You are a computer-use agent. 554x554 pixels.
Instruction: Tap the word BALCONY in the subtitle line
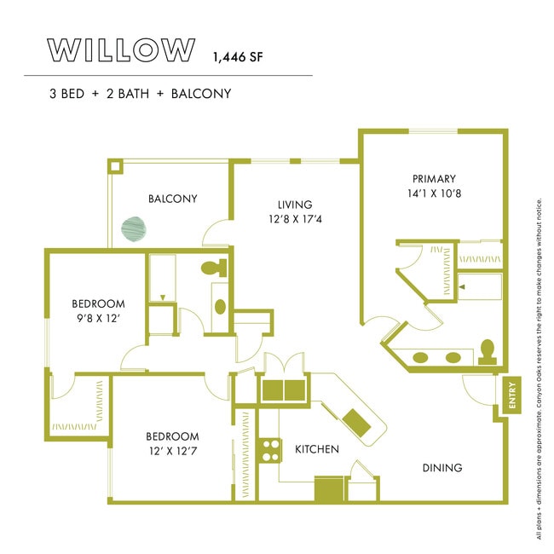[201, 94]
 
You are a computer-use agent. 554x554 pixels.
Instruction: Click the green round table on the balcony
[135, 228]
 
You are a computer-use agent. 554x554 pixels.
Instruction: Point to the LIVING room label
[295, 205]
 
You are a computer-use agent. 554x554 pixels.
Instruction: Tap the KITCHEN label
[317, 449]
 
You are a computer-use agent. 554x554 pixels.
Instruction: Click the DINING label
[441, 468]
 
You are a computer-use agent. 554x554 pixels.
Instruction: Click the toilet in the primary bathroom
[487, 351]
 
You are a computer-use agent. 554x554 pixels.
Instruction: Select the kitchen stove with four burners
[271, 449]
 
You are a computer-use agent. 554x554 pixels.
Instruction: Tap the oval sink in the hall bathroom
[219, 306]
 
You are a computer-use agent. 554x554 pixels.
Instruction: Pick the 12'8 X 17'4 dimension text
[295, 220]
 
